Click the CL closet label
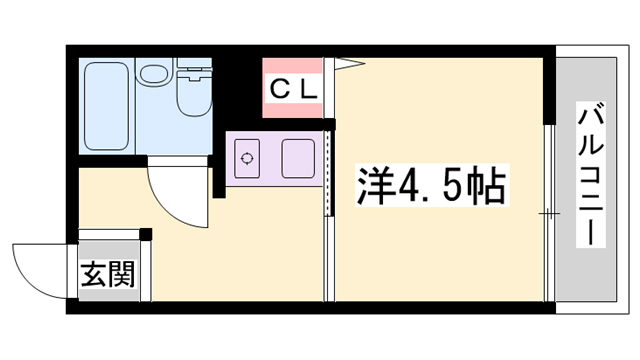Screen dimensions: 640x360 292,88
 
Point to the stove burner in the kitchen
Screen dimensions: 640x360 247,156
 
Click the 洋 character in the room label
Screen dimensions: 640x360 374,187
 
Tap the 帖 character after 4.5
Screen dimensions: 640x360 486,187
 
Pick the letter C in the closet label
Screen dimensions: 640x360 278,88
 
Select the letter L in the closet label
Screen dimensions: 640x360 306,88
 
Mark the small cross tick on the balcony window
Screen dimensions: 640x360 548,213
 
